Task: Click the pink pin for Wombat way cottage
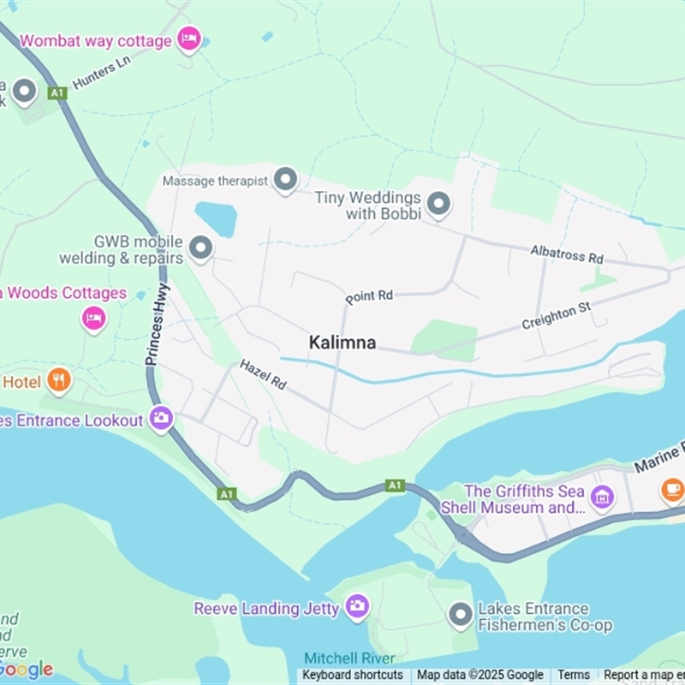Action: [x=188, y=39]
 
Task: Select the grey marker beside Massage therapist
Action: [x=285, y=180]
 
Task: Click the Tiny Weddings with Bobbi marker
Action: [x=438, y=204]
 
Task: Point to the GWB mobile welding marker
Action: [x=200, y=248]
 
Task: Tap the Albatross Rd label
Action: [x=567, y=255]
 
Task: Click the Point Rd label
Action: [x=369, y=296]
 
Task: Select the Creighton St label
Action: [x=557, y=316]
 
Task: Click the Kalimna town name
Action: [x=342, y=342]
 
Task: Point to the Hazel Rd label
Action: [x=263, y=375]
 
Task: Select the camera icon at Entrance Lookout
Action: [x=160, y=419]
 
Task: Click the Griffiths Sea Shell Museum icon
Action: [x=603, y=496]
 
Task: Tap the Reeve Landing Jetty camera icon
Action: [x=357, y=607]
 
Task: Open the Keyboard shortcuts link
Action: [x=352, y=675]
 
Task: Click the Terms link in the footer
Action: [x=574, y=675]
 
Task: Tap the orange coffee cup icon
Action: [x=672, y=489]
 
